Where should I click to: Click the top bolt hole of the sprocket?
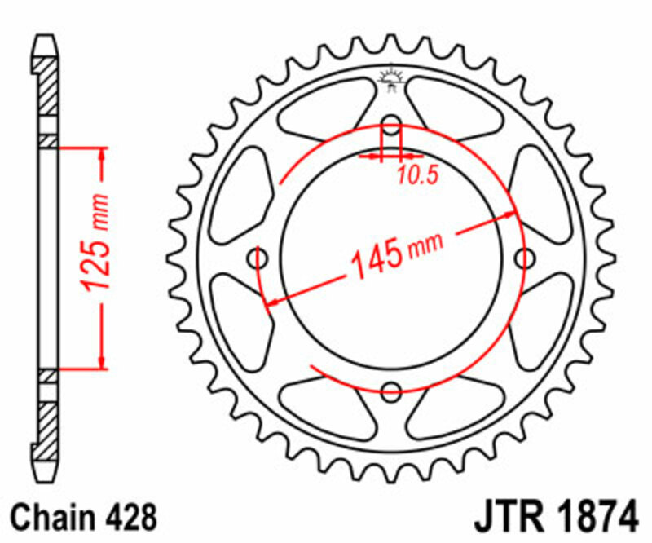pyautogui.click(x=392, y=127)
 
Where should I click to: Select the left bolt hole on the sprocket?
pyautogui.click(x=261, y=259)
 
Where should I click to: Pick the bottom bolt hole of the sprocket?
pyautogui.click(x=392, y=389)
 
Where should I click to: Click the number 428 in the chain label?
pyautogui.click(x=129, y=518)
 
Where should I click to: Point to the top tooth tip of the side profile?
pyautogui.click(x=47, y=38)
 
